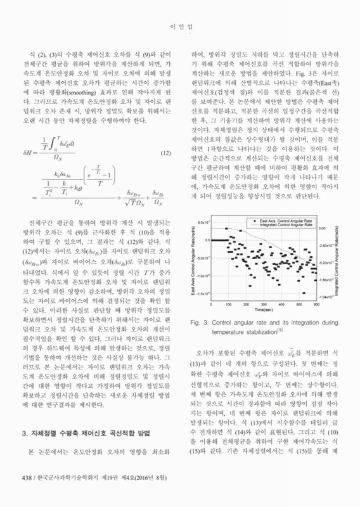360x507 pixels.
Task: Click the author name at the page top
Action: click(x=179, y=27)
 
